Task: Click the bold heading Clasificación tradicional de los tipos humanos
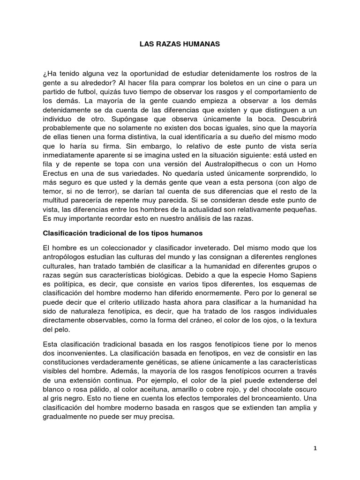(123, 219)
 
